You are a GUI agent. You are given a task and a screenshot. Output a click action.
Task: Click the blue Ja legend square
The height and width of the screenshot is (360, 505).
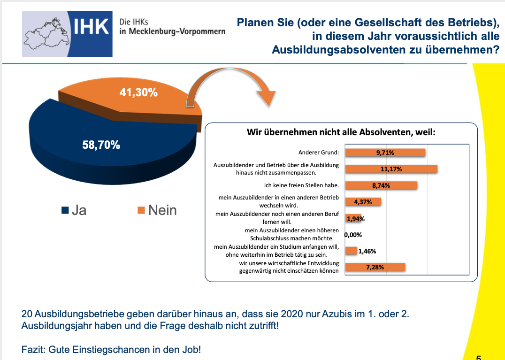[65, 210]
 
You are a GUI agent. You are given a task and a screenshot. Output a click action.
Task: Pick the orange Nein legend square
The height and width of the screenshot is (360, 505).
[141, 210]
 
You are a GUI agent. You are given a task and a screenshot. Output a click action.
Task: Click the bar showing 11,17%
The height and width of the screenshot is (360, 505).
[391, 169]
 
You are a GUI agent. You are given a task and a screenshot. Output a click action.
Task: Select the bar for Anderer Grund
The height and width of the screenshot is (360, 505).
[385, 153]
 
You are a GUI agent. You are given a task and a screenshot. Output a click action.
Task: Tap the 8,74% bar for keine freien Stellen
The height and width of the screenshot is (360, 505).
[381, 185]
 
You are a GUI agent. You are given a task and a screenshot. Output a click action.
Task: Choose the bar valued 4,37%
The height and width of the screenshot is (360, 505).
[363, 202]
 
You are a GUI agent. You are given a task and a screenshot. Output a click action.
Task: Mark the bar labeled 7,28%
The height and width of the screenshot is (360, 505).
[375, 267]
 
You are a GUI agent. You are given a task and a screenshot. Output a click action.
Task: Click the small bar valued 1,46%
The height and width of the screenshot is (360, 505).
[351, 251]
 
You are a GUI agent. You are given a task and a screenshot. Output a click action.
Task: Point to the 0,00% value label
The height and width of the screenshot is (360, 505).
[353, 235]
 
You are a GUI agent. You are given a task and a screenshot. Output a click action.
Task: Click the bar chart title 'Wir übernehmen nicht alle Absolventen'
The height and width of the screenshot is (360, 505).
[341, 132]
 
